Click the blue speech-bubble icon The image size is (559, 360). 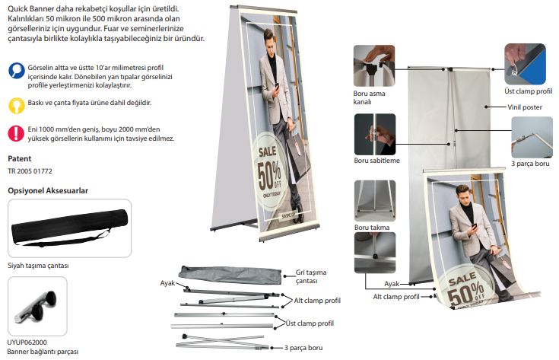[x=17, y=71]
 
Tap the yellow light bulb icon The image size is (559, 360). [x=17, y=106]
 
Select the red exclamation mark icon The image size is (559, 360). [x=16, y=133]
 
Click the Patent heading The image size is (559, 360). [x=20, y=159]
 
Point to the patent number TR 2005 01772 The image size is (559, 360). [x=30, y=171]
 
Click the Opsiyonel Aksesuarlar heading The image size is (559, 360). [x=48, y=190]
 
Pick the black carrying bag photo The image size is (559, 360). [x=69, y=228]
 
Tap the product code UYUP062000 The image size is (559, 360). [x=27, y=342]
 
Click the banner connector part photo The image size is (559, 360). [x=37, y=306]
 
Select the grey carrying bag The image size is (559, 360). [x=230, y=275]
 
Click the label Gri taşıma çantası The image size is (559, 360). [x=311, y=276]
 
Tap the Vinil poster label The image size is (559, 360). [x=525, y=107]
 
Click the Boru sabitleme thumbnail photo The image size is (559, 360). [x=375, y=134]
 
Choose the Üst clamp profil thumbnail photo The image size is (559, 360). [x=525, y=64]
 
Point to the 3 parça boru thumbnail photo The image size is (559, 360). [x=532, y=137]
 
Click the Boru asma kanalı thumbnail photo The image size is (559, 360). [x=374, y=65]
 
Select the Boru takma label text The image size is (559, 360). [x=372, y=228]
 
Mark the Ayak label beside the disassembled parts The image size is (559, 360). [x=167, y=283]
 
